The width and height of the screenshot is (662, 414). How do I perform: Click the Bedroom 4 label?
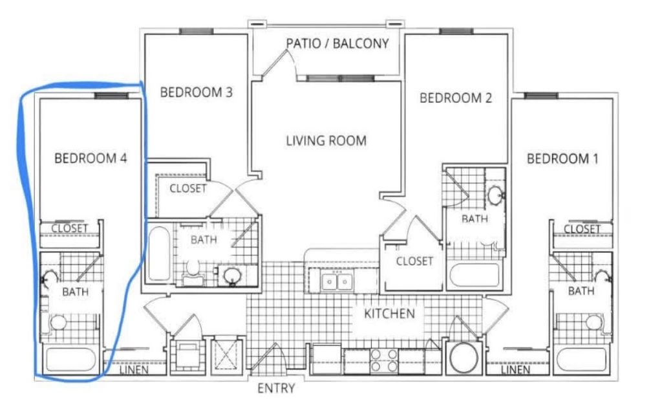(91, 158)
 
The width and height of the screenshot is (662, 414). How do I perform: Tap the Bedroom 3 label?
(197, 92)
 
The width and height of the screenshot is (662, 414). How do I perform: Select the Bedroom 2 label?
(456, 98)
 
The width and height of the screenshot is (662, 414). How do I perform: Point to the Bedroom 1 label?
(563, 159)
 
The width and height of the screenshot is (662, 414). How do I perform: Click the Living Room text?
(326, 140)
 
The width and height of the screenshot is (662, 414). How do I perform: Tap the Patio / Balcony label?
(337, 43)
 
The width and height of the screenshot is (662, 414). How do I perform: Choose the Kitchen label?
(390, 314)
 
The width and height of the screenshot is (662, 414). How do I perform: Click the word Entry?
(276, 388)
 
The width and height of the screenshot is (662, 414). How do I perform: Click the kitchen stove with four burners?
(384, 361)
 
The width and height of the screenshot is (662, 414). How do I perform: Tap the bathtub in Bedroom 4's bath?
(70, 359)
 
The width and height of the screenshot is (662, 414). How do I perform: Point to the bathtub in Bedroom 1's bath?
(582, 359)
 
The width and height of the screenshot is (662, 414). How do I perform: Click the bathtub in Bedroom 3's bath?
(159, 254)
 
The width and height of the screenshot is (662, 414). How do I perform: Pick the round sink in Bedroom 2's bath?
(495, 195)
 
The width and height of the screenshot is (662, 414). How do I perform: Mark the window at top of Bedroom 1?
(541, 96)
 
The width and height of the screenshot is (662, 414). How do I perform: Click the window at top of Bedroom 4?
(111, 96)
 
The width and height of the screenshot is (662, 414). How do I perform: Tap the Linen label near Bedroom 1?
(515, 370)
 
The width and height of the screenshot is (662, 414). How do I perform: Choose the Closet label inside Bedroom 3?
(188, 188)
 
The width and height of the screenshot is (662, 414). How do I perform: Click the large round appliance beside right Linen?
(464, 357)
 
